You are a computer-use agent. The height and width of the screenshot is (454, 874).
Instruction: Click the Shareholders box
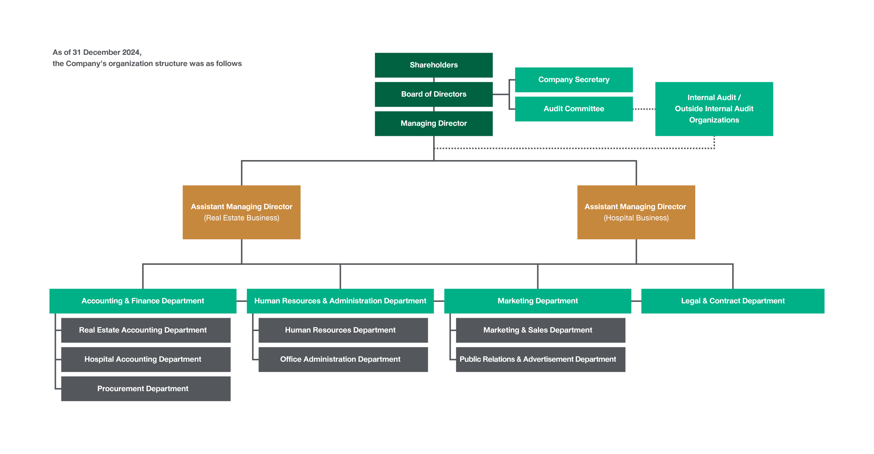tap(433, 65)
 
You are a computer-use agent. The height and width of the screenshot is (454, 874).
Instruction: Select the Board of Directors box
tap(433, 94)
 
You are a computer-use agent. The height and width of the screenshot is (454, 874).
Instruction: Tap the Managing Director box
tap(433, 123)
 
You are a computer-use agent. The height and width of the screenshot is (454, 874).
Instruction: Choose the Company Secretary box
tap(574, 80)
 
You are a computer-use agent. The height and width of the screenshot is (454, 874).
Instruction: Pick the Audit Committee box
tap(574, 109)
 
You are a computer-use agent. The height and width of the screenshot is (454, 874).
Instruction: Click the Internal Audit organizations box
tap(714, 109)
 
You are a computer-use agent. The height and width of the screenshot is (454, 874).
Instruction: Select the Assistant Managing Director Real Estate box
tap(241, 212)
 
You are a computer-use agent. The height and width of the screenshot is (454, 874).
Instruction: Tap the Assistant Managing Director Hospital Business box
tap(636, 212)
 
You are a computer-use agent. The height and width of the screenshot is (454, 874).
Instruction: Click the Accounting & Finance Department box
tap(143, 301)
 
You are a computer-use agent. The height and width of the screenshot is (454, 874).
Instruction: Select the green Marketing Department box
tap(537, 301)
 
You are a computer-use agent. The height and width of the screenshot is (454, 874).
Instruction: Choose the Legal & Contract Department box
tap(733, 301)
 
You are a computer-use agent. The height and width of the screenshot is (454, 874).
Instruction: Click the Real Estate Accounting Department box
tap(145, 330)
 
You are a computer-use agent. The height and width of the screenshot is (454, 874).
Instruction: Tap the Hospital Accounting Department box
tap(145, 359)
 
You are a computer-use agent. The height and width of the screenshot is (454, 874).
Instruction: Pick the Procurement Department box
tap(145, 389)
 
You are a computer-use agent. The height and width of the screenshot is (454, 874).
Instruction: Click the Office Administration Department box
tap(343, 359)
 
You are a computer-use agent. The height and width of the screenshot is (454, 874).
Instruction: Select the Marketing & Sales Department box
tap(540, 330)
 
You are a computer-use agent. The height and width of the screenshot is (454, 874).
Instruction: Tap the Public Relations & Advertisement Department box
tap(540, 359)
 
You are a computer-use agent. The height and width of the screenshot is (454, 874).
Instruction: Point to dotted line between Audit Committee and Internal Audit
tap(644, 109)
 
